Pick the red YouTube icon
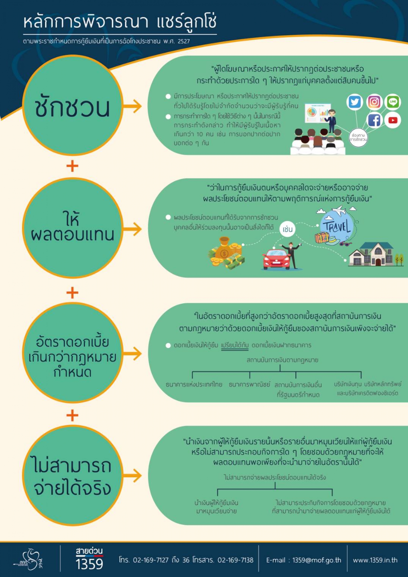coord(393,120)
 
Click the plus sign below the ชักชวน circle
coord(72,166)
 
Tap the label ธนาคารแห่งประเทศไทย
coord(194,385)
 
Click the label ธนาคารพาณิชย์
coord(249,385)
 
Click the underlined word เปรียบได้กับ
coord(235,346)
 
